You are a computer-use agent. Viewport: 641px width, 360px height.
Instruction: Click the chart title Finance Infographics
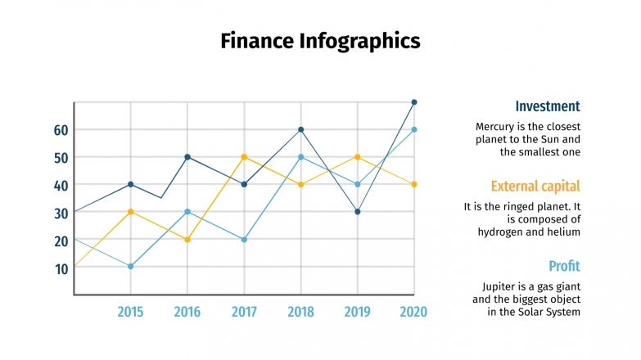coord(320,41)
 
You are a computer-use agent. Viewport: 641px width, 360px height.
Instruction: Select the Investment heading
coord(547,106)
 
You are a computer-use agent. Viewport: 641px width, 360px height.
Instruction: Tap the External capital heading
coord(535,186)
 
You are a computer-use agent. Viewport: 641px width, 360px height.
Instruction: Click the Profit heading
coord(564,266)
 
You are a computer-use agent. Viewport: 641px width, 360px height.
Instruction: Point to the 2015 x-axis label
coord(130,312)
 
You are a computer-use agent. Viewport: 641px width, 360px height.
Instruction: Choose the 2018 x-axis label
coord(300,312)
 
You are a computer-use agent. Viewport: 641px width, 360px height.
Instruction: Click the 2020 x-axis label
coord(413,312)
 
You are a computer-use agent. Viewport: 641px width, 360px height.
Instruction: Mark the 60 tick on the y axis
coord(61,130)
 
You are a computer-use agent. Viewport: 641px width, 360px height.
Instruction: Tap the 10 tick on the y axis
coord(61,268)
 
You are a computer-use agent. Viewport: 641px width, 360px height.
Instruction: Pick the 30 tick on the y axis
coord(61,213)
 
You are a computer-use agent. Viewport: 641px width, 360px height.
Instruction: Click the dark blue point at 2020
coord(413,102)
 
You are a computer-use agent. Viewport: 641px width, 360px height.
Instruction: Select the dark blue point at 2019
coord(357,212)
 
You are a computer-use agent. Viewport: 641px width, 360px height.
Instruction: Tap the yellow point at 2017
coord(244,157)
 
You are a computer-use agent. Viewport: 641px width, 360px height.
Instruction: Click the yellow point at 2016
coord(187,240)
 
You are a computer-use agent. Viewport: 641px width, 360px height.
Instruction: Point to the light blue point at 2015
coord(130,267)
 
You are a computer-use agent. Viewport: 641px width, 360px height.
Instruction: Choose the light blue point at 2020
coord(413,130)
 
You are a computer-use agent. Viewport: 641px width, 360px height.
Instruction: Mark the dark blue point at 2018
coord(300,130)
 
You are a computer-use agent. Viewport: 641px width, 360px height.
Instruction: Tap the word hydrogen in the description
coord(502,232)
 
